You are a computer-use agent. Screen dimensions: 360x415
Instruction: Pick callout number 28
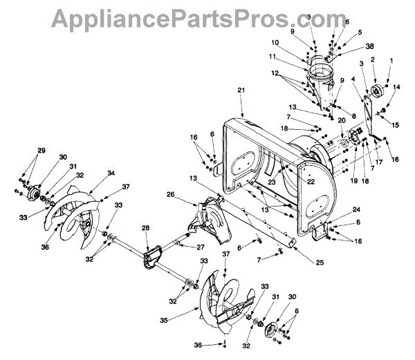point(146,227)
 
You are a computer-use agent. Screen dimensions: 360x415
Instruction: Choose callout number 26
point(170,195)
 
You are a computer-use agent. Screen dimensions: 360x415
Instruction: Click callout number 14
point(396,86)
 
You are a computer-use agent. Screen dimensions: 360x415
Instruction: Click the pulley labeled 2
point(379,92)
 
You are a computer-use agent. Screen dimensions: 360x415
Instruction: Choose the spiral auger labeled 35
point(221,311)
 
